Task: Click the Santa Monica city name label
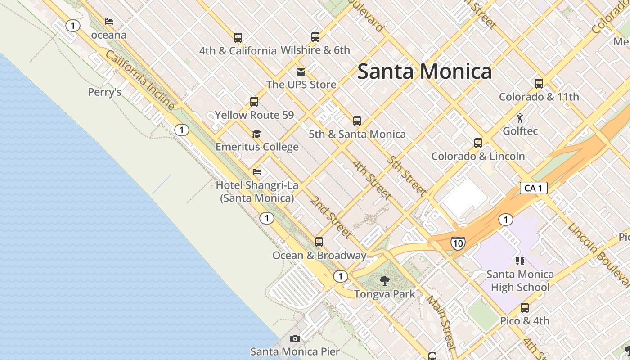tap(424, 72)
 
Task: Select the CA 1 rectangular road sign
tap(533, 188)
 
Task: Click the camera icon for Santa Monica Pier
tap(295, 338)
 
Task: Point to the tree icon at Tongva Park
tap(384, 281)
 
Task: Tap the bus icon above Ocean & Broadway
tap(319, 242)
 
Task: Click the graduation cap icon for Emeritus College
tap(256, 134)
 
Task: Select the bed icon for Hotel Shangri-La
tap(257, 172)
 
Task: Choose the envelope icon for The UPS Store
tap(301, 72)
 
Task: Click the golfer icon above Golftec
tap(520, 118)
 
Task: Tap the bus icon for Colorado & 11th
tap(539, 84)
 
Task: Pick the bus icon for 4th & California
tap(238, 38)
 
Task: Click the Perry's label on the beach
tap(104, 92)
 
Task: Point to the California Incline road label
tap(140, 80)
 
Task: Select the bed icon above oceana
tap(109, 22)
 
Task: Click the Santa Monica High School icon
tap(520, 261)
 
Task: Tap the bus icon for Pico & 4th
tap(524, 308)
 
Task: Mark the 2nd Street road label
tap(330, 217)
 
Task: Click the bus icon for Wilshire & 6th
tap(315, 37)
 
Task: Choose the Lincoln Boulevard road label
tap(598, 254)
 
